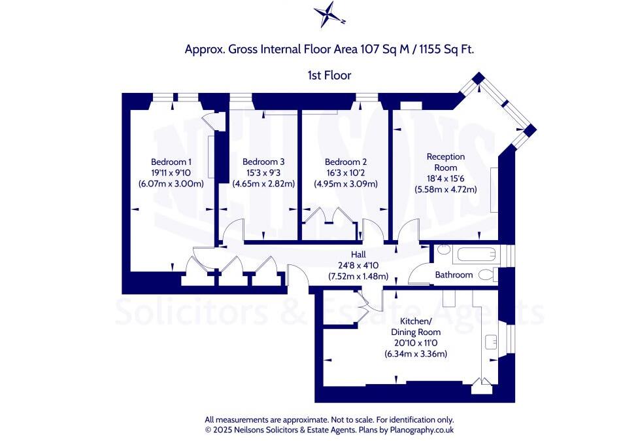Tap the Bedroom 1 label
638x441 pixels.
coord(171,162)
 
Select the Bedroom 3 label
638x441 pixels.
coord(263,162)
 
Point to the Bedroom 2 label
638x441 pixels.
coord(346,162)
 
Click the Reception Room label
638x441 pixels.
coord(446,162)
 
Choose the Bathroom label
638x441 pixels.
coord(454,275)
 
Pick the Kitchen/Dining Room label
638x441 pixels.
coord(416,326)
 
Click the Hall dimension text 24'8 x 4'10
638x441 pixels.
coord(358,265)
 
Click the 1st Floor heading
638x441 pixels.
coord(329,75)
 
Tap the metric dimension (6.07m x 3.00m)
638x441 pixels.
coord(171,184)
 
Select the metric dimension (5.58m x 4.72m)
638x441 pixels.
coord(446,189)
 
